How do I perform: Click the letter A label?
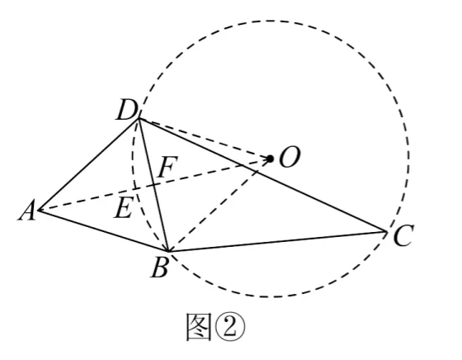[27, 211]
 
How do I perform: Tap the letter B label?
[160, 268]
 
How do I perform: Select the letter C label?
[403, 235]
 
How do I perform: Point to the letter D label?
[127, 111]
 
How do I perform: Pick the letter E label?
[123, 207]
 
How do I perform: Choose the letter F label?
[167, 167]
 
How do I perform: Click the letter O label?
[290, 157]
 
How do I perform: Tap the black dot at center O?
[270, 159]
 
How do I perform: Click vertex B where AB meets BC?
[168, 251]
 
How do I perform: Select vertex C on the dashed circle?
[386, 232]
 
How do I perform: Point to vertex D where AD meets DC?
[139, 119]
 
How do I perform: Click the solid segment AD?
[89, 164]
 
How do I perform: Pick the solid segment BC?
[277, 241]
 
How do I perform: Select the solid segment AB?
[104, 230]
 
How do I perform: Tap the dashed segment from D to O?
[205, 139]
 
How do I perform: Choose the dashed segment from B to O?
[219, 206]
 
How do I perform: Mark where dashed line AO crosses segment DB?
[153, 185]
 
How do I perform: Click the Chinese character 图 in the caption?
[199, 327]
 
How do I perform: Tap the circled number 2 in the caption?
[230, 327]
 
